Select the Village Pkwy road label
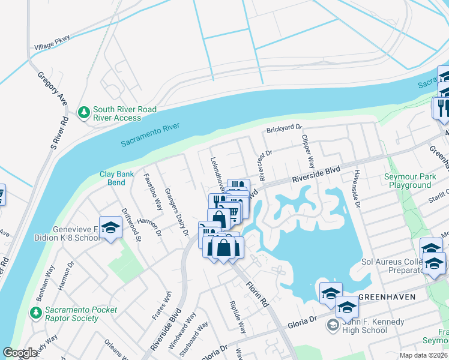[53, 41]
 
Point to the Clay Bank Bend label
[112, 178]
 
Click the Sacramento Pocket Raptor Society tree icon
[37, 313]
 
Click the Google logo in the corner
[20, 353]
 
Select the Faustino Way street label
[153, 192]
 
